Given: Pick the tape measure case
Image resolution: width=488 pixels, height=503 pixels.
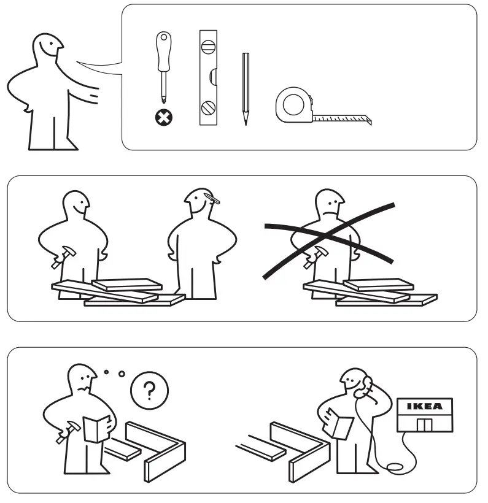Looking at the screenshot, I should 293,105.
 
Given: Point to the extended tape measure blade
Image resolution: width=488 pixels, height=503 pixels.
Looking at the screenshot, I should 344,117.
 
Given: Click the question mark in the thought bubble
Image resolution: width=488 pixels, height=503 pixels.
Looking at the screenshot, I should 149,390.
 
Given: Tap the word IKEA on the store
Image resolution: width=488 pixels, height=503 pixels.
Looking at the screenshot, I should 424,406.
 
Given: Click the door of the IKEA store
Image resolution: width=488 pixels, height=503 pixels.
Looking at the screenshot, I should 424,425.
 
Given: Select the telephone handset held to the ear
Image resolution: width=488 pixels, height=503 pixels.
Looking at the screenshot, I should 368,385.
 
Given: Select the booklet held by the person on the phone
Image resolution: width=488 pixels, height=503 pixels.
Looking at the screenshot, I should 341,424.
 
